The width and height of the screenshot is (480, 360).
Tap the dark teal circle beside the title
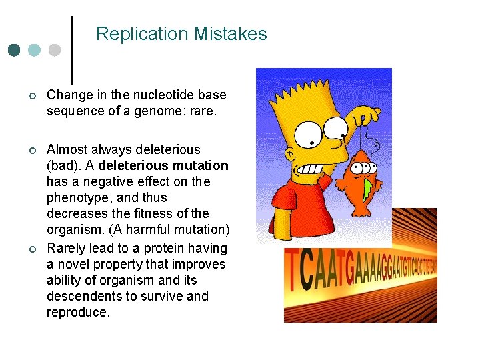pos(14,51)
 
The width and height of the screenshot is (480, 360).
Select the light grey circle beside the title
pos(55,51)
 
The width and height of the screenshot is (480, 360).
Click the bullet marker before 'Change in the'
pos(32,95)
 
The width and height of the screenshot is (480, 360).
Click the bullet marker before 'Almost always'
pos(32,150)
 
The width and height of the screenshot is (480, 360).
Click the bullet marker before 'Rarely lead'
pos(32,249)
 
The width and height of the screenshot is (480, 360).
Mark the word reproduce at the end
pos(77,313)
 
